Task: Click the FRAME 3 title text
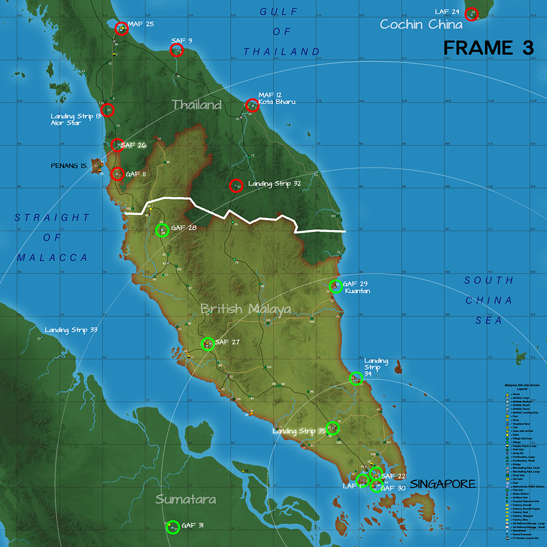(488, 48)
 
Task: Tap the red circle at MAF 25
(120, 27)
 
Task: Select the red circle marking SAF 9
(176, 50)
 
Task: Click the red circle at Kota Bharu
(252, 105)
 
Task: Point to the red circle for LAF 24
(471, 14)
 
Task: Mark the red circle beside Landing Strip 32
(236, 186)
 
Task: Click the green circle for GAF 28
(161, 230)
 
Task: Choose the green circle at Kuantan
(335, 286)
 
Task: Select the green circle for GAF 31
(173, 527)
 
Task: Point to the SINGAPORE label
(443, 484)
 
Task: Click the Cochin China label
(421, 25)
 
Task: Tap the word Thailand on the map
(197, 105)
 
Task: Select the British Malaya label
(246, 309)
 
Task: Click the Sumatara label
(186, 499)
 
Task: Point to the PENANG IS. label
(69, 166)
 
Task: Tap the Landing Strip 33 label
(71, 330)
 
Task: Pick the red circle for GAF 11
(118, 174)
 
